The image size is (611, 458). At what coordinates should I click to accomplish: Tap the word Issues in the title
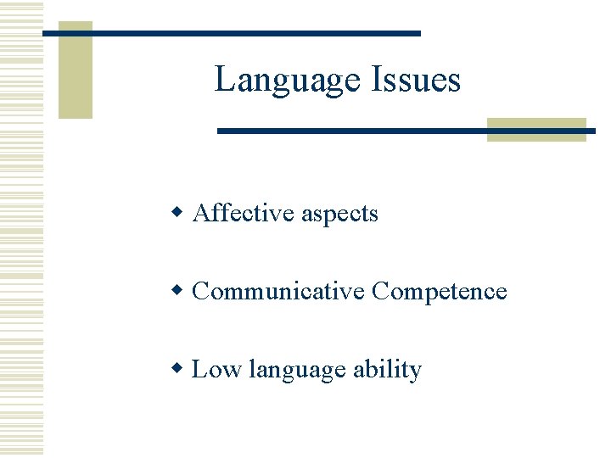pos(415,81)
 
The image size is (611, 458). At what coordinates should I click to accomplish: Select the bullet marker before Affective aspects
pos(178,211)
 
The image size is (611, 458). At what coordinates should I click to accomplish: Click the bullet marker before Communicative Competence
pos(178,290)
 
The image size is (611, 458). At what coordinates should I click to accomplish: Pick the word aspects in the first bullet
pos(339,215)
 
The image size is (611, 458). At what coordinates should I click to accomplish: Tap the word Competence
pos(440,292)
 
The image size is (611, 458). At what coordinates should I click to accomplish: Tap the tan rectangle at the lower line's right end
pos(536,130)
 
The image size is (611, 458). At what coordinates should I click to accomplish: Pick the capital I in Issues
pos(376,80)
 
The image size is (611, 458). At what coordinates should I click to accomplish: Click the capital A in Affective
pos(202,213)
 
